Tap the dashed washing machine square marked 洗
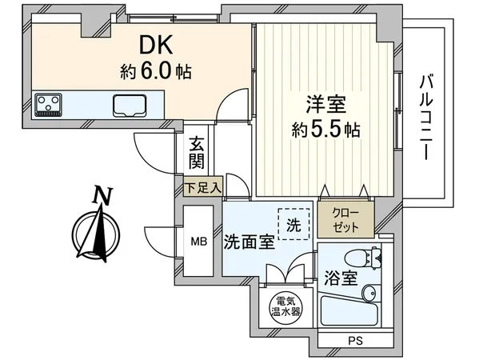click(x=293, y=225)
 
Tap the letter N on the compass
click(x=99, y=194)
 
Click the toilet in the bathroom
click(x=357, y=258)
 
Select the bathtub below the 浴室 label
click(x=346, y=315)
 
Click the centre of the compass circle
click(x=97, y=234)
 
